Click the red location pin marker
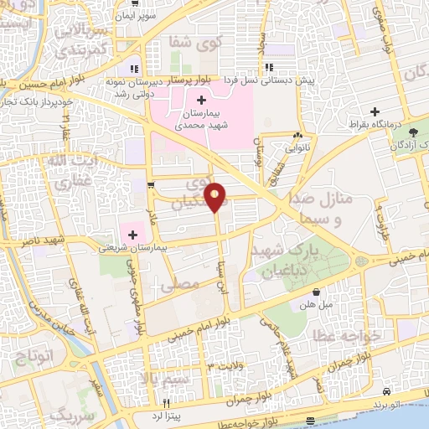[216, 196]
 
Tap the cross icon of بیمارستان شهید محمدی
[199, 99]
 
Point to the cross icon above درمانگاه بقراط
[375, 111]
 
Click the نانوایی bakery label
[297, 147]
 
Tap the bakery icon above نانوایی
[297, 135]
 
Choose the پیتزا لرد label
[156, 416]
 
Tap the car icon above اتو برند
[385, 391]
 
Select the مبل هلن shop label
[316, 304]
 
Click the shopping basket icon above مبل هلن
[316, 292]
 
